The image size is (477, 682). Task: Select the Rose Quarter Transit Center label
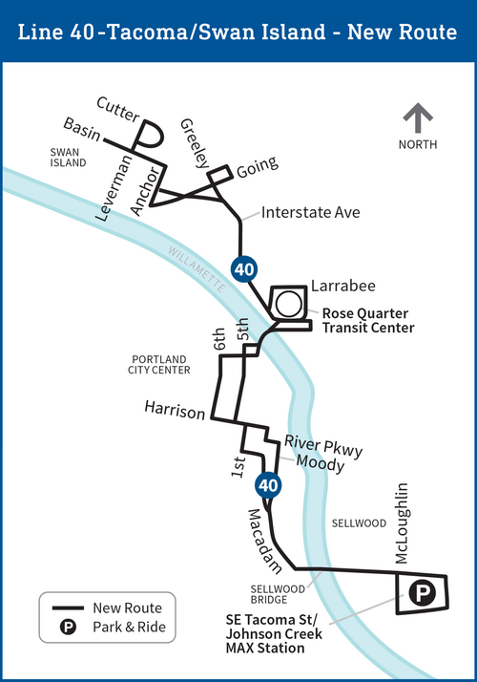click(x=367, y=320)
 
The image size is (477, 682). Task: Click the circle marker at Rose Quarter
click(x=288, y=305)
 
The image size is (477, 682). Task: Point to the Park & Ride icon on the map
click(x=421, y=594)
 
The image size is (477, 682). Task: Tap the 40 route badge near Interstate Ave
click(x=244, y=268)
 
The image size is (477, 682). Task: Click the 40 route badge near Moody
click(x=269, y=485)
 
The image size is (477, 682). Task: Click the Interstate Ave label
click(x=310, y=212)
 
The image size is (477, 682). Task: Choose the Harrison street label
click(x=175, y=413)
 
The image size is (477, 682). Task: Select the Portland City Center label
click(x=161, y=364)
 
